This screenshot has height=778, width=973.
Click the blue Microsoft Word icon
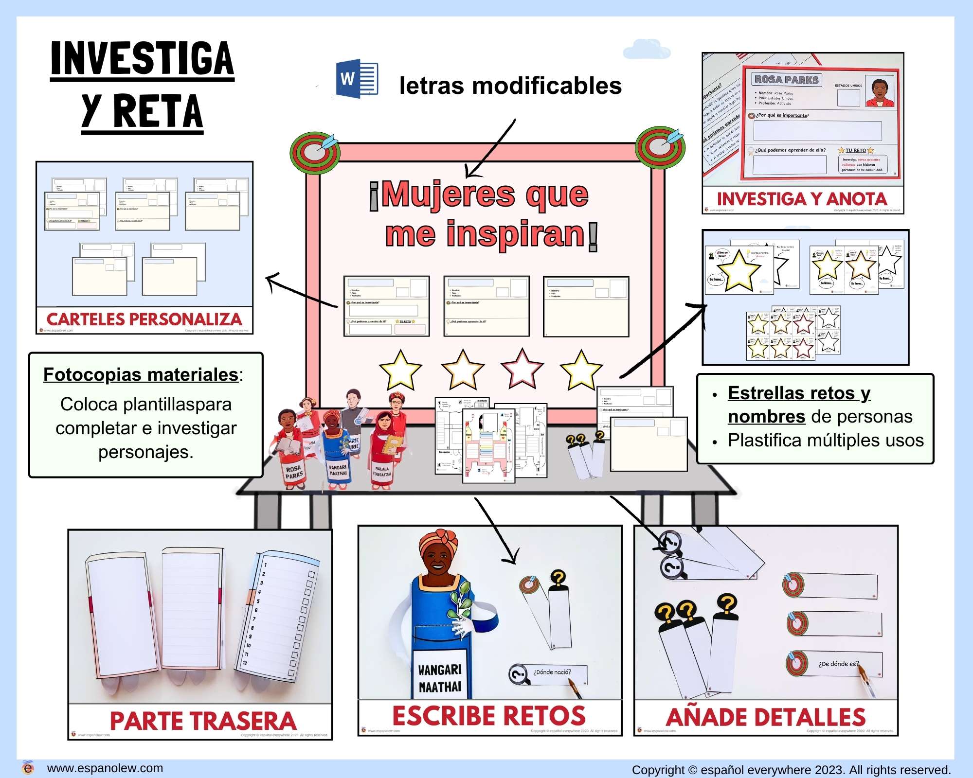pos(357,79)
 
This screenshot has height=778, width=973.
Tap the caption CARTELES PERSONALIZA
pos(144,319)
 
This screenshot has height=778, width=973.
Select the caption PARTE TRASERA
pos(203,721)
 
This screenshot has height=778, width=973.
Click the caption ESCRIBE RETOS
pos(489,716)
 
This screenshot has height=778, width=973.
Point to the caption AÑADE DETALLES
pos(766,717)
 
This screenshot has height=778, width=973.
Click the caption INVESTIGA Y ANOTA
pos(802,199)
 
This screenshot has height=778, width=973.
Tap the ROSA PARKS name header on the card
pos(786,80)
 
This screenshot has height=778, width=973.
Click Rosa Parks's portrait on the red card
pos(880,91)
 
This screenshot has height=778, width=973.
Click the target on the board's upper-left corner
pos(315,152)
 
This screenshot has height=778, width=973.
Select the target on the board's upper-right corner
pos(661,147)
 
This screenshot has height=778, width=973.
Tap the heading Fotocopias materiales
pos(141,374)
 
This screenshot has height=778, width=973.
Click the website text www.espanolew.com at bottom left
pos(105,768)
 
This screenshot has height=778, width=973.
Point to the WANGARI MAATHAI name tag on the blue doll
pos(439,678)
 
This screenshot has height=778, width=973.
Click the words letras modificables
pos(510,86)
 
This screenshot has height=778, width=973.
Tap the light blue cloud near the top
pos(647,50)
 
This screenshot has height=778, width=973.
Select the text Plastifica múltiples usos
pos(825,440)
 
